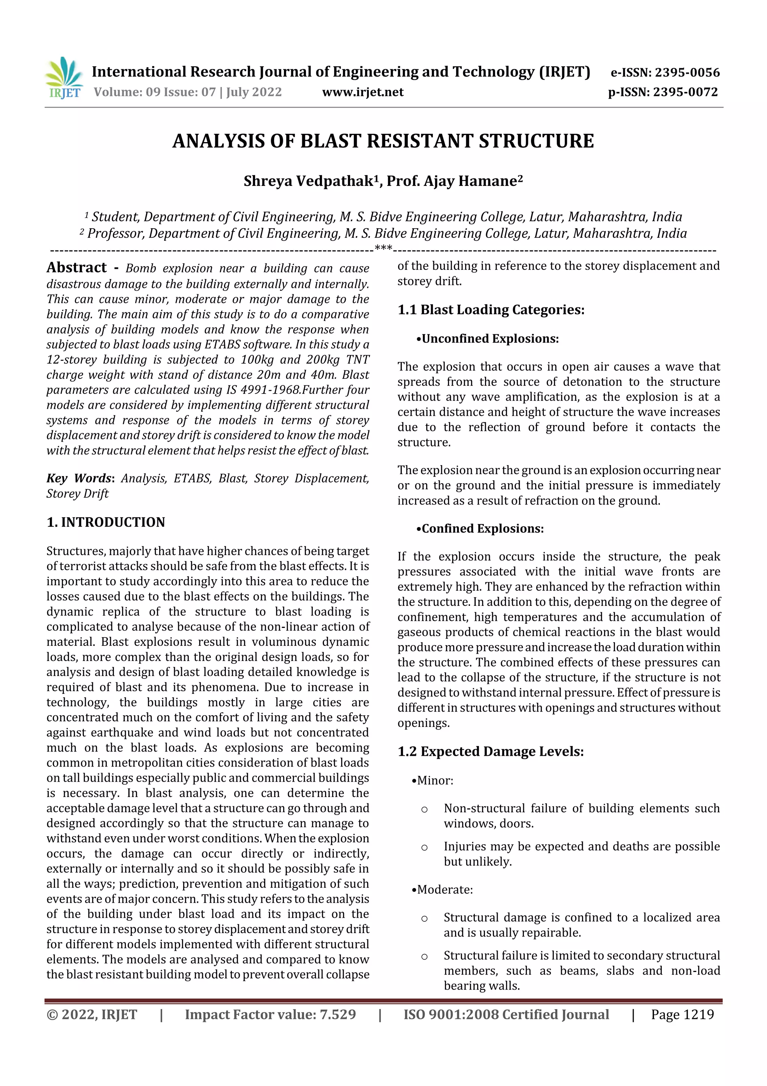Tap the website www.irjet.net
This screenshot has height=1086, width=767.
(x=363, y=92)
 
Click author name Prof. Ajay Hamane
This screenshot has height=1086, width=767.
(x=454, y=181)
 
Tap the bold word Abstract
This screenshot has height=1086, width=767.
(x=76, y=268)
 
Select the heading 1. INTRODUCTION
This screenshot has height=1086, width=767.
(x=106, y=522)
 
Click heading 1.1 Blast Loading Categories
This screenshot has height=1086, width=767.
(x=491, y=310)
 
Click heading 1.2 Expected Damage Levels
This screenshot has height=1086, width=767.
(x=491, y=752)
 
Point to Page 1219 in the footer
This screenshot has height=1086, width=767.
(x=682, y=1014)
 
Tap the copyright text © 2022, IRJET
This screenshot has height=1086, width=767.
(x=92, y=1014)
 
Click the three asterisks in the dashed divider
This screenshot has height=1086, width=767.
(x=383, y=247)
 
